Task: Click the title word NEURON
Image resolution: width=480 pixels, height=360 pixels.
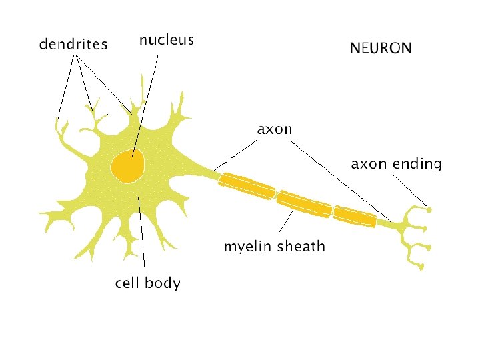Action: pyautogui.click(x=381, y=48)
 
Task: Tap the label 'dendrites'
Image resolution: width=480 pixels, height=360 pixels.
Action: pyautogui.click(x=73, y=45)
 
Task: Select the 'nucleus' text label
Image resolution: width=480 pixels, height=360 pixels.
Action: pyautogui.click(x=167, y=40)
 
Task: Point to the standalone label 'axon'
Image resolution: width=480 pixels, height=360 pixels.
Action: pyautogui.click(x=275, y=129)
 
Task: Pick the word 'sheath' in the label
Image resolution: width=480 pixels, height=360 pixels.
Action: pyautogui.click(x=301, y=247)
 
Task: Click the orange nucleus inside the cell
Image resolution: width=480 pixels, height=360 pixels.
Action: pyautogui.click(x=128, y=166)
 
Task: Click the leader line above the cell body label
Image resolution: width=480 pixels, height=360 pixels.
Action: pyautogui.click(x=141, y=233)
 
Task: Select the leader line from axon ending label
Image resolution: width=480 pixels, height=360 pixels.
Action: pyautogui.click(x=411, y=190)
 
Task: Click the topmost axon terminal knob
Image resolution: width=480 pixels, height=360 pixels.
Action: pyautogui.click(x=429, y=210)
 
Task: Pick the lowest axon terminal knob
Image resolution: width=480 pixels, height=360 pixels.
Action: pyautogui.click(x=422, y=267)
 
